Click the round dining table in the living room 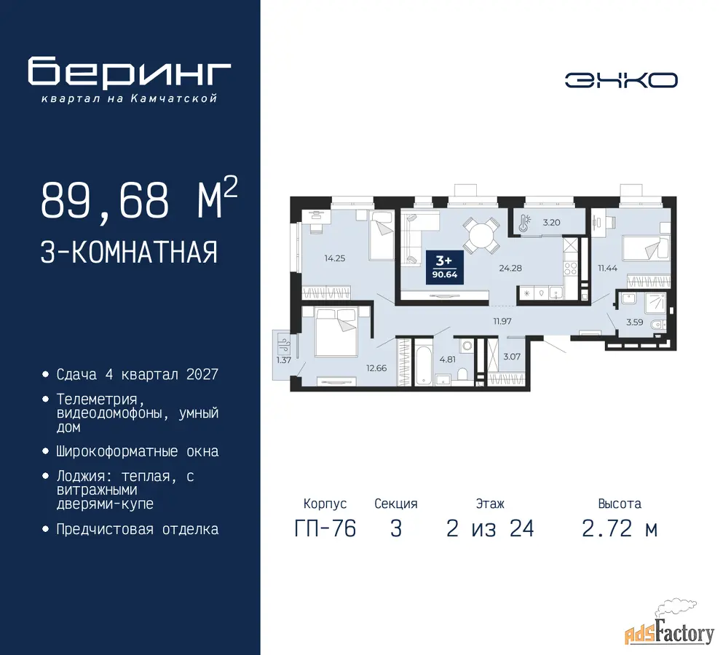point(482,235)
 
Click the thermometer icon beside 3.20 point(524,223)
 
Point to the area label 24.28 point(510,268)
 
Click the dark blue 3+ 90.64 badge point(444,267)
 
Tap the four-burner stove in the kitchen point(570,268)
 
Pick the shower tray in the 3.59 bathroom point(655,302)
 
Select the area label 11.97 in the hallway point(502,321)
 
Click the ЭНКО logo point(621,80)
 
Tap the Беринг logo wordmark point(129,71)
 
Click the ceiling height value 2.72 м point(620,528)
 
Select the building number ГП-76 point(325,528)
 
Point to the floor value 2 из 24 point(490,528)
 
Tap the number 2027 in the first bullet point(202,374)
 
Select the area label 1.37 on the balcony point(283,360)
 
